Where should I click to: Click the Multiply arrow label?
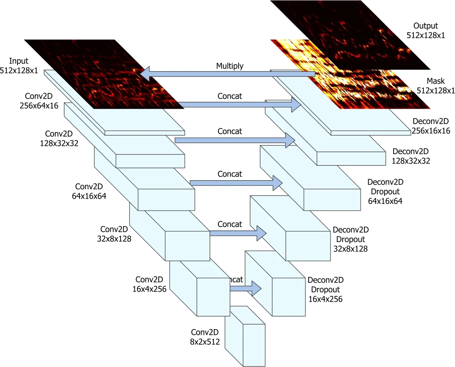[x=230, y=66]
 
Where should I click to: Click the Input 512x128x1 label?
[x=21, y=65]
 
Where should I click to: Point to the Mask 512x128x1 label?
[x=435, y=85]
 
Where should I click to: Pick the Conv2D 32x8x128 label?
[x=114, y=234]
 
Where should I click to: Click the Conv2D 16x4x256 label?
[x=149, y=284]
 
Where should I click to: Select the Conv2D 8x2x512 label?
[x=205, y=337]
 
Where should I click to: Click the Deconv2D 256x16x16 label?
[x=431, y=126]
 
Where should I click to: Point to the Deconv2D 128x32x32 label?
[x=411, y=156]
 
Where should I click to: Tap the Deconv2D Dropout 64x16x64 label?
[x=385, y=191]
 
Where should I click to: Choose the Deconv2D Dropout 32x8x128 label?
[x=350, y=239]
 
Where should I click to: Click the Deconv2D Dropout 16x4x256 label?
[x=325, y=289]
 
